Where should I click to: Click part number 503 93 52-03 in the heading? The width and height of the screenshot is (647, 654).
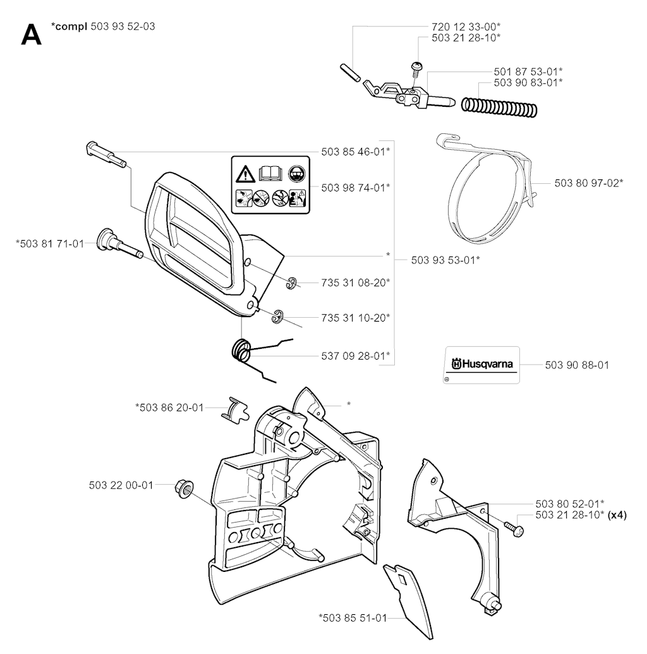tap(123, 26)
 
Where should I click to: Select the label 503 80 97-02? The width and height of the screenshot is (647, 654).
tap(589, 183)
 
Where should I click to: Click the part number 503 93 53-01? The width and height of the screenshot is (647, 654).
tap(445, 259)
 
